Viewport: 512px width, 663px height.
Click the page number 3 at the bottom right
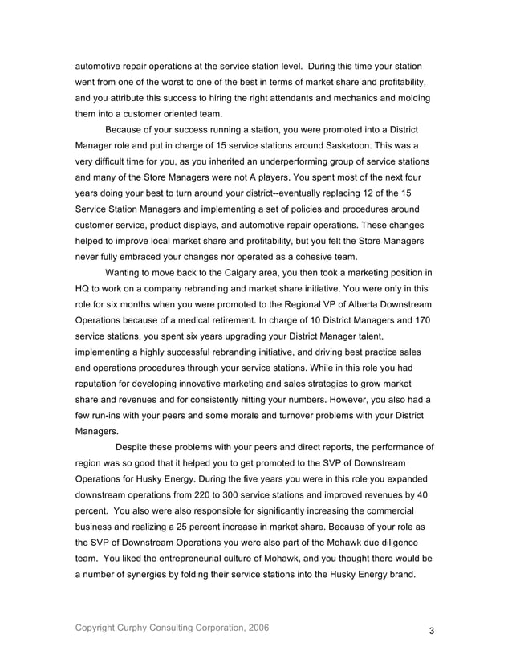[431, 631]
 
